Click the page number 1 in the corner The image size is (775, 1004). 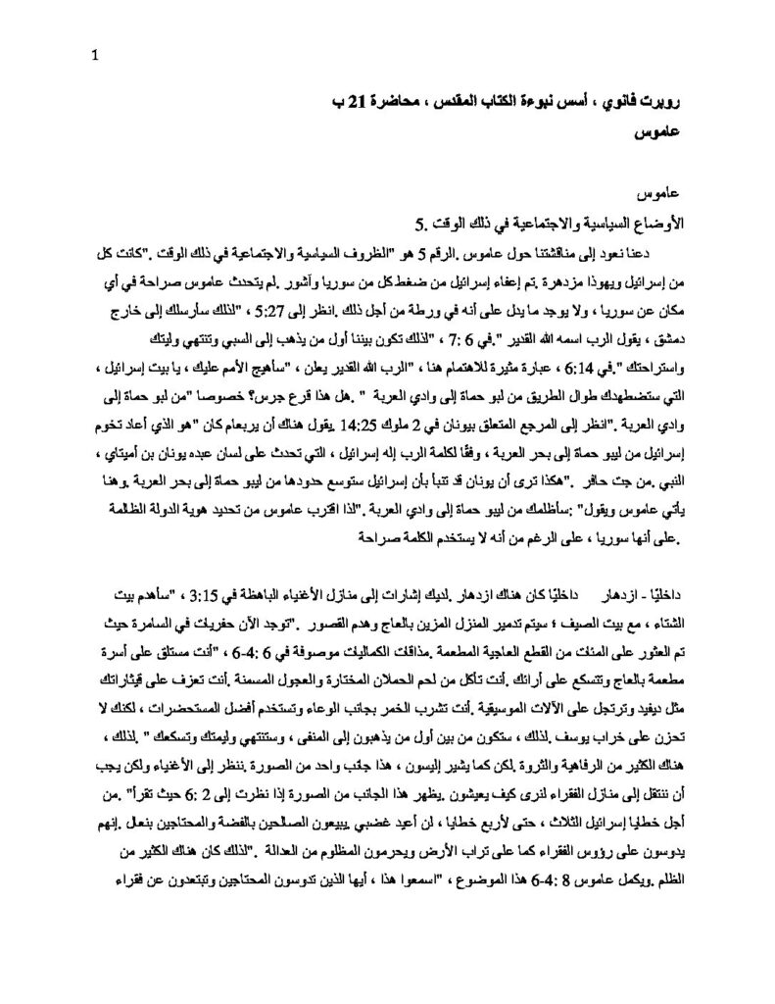[93, 55]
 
